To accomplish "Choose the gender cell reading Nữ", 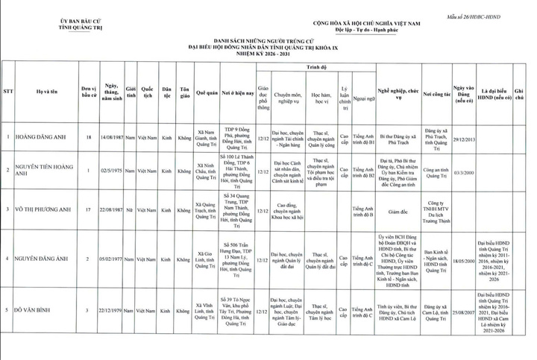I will (x=130, y=210).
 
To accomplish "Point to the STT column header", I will (x=9, y=92).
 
